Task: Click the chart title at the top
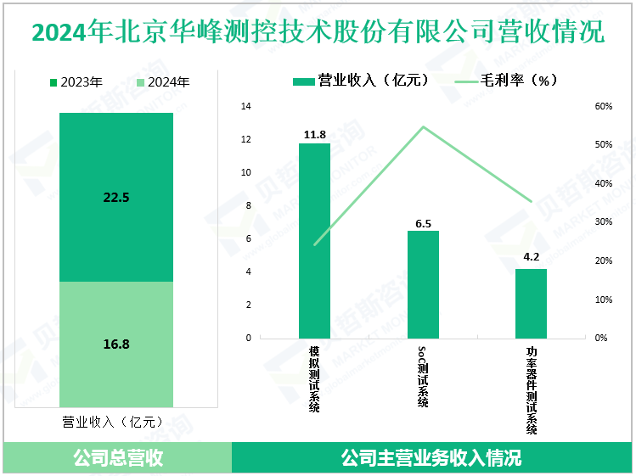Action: point(318,32)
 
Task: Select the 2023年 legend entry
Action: point(77,82)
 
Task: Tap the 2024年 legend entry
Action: point(162,82)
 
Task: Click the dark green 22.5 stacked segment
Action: point(116,197)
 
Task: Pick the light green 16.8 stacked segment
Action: point(116,344)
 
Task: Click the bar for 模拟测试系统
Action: point(314,240)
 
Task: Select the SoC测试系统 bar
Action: point(423,284)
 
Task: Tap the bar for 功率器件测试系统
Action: point(532,303)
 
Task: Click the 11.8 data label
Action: point(314,134)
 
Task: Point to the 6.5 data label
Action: point(423,222)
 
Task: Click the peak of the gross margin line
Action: point(423,127)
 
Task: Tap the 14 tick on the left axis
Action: point(246,107)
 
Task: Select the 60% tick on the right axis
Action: point(602,107)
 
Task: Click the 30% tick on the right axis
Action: point(602,222)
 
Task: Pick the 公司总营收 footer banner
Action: point(117,459)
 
